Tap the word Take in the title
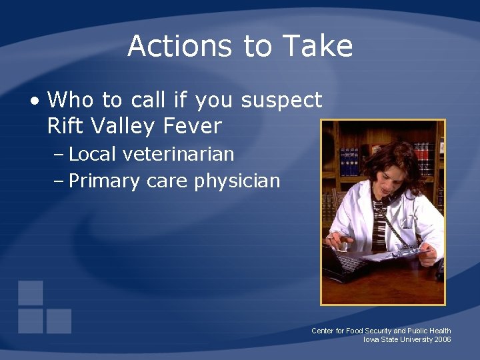(x=317, y=46)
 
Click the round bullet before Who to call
(x=35, y=101)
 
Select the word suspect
(x=281, y=101)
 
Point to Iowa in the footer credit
(x=371, y=339)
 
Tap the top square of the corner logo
(x=31, y=293)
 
